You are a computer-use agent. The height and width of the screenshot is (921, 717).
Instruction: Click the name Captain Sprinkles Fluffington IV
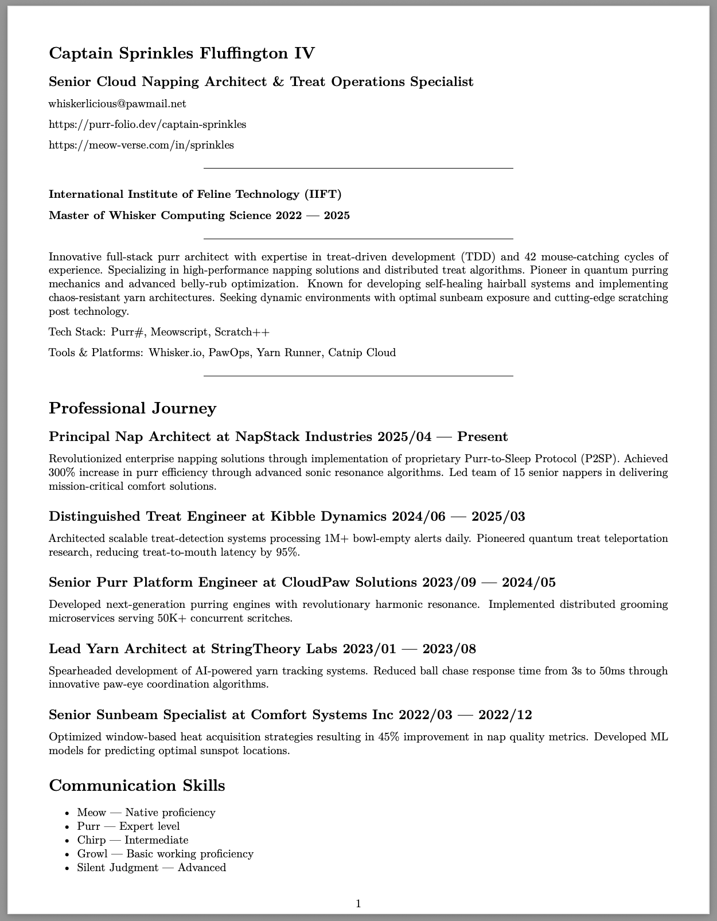coord(182,53)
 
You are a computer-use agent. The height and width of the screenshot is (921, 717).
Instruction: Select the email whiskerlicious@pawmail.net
coord(117,104)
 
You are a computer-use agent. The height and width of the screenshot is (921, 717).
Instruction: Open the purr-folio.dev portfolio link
coord(147,124)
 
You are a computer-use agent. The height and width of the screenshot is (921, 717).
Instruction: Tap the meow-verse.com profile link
coord(141,145)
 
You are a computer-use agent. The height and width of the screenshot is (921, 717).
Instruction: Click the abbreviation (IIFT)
coord(322,194)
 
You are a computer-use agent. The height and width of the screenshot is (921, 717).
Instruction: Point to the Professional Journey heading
coord(133,408)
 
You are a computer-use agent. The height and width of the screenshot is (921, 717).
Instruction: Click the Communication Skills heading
coord(137,786)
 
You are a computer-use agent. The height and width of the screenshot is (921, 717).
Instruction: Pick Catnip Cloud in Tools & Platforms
coord(362,353)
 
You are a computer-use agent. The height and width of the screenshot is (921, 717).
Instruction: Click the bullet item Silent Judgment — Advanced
coord(151,868)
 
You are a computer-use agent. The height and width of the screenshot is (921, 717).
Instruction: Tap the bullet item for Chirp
coord(133,840)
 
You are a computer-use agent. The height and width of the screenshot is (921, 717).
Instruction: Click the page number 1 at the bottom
coord(358,904)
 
